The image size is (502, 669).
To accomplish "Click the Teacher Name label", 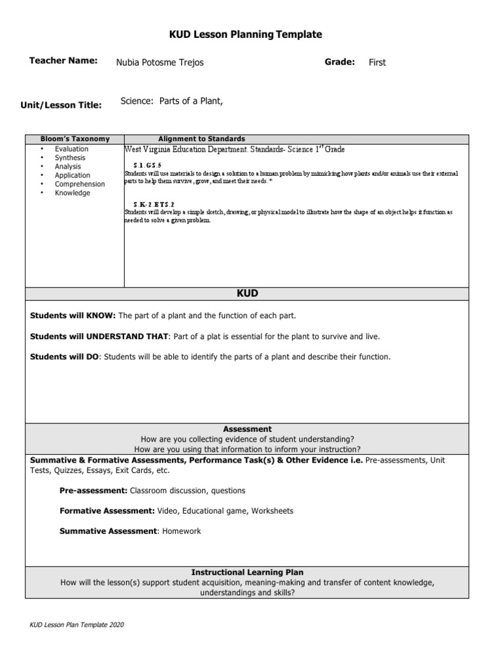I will [x=63, y=61].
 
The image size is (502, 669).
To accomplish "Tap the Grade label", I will [x=339, y=61].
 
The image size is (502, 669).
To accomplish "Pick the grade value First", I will [x=377, y=63].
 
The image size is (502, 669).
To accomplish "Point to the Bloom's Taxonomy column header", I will [x=75, y=139].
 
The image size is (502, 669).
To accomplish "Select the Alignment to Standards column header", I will [x=202, y=139].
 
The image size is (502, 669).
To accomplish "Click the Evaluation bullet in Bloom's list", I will [x=71, y=149].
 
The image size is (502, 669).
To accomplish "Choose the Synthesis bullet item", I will [x=70, y=158].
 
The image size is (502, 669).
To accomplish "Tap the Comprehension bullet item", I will [x=80, y=184].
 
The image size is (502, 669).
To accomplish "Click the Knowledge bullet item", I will [x=73, y=193].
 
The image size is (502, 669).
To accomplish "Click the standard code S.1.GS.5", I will [x=146, y=165].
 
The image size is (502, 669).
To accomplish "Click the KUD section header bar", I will [x=247, y=294].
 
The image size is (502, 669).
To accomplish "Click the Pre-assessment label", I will [x=93, y=491].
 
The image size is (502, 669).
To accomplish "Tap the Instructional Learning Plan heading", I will [x=247, y=572].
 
